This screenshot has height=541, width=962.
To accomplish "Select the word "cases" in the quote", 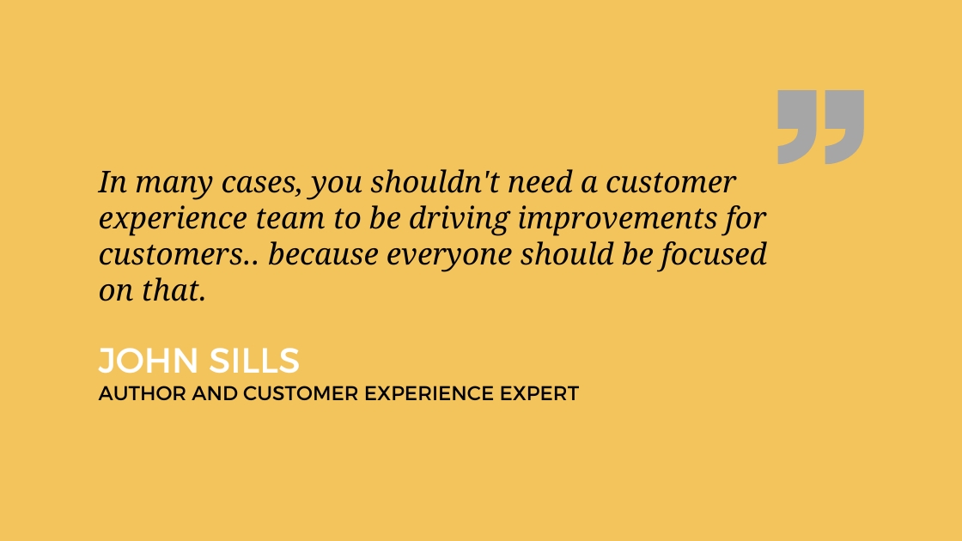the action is (261, 184).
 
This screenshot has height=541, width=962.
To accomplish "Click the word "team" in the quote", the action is (289, 218).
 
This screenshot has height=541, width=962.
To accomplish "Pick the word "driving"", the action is (459, 220).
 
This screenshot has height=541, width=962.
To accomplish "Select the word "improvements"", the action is (618, 220).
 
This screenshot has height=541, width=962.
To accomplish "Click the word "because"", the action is (323, 254).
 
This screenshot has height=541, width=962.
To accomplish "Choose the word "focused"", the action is (714, 255).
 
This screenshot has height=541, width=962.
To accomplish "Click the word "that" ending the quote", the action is (174, 290).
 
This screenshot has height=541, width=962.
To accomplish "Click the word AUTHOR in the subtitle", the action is (143, 393).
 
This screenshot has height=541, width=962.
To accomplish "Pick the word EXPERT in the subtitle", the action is (539, 393).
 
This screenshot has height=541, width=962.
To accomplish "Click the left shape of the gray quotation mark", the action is (796, 127).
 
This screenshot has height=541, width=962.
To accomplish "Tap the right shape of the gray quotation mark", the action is (844, 127).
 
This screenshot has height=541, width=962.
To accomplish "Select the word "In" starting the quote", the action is (113, 182).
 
